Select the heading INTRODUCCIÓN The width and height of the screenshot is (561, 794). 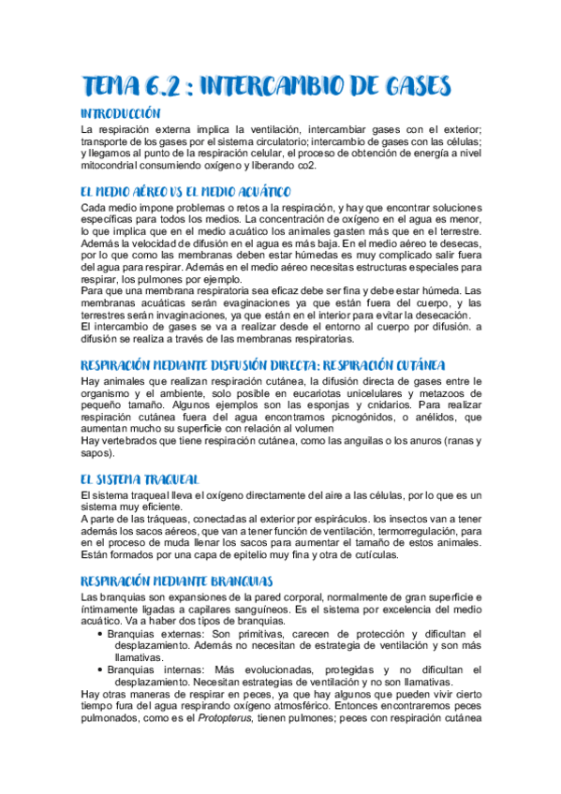[126, 113]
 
